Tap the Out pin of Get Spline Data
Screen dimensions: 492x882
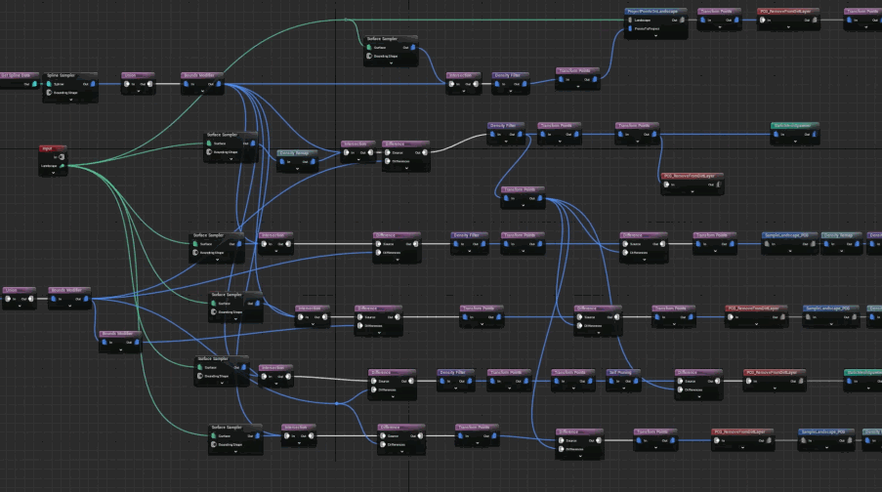pos(34,84)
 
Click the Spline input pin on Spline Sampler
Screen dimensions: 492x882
pos(49,84)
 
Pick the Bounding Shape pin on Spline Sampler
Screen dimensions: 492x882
pos(49,93)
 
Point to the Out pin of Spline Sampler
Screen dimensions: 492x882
pos(95,84)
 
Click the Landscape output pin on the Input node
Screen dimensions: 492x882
pos(63,166)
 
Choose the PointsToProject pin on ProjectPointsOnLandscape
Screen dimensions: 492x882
pos(630,28)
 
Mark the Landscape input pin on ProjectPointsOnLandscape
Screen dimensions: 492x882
pos(630,20)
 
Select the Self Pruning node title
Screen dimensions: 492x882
pos(623,372)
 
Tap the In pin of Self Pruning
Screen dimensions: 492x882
pos(612,381)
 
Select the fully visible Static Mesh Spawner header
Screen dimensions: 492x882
pos(791,126)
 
